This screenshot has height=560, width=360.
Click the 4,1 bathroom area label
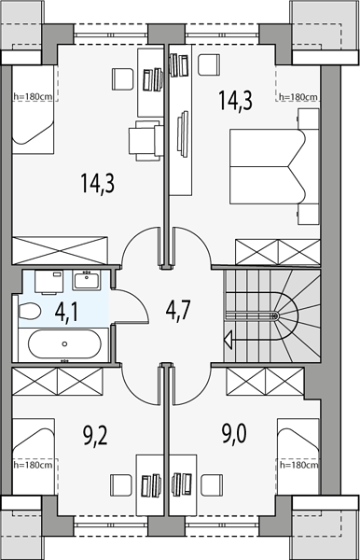[x=67, y=312]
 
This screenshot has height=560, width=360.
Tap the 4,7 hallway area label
[x=178, y=310]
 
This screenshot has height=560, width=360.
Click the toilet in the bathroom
[x=29, y=312]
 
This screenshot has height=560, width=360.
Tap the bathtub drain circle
[x=64, y=343]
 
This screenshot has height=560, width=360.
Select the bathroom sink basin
[x=87, y=280]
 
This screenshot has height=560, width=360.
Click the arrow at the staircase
[x=228, y=338]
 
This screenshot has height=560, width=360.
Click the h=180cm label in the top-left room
[x=33, y=96]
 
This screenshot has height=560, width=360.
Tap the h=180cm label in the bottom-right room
[x=298, y=465]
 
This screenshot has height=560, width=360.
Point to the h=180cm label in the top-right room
[x=298, y=97]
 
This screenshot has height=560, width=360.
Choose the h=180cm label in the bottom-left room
[x=33, y=465]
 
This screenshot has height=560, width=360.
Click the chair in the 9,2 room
[x=120, y=484]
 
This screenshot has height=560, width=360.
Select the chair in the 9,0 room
[x=212, y=484]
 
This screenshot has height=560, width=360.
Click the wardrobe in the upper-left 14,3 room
[x=60, y=251]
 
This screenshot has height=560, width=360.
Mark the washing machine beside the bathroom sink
[x=48, y=282]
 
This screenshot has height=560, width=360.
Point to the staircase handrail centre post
[x=274, y=315]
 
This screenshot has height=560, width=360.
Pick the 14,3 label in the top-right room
[x=235, y=100]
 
